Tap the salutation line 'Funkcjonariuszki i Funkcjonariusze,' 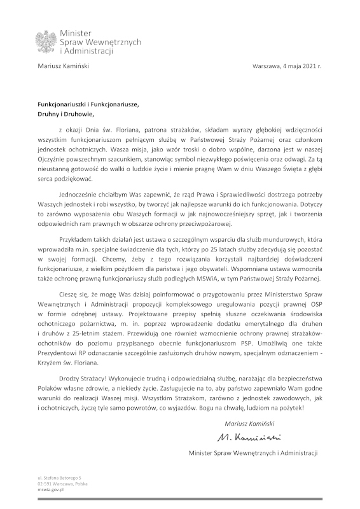[88, 104]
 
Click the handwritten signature [249, 438]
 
